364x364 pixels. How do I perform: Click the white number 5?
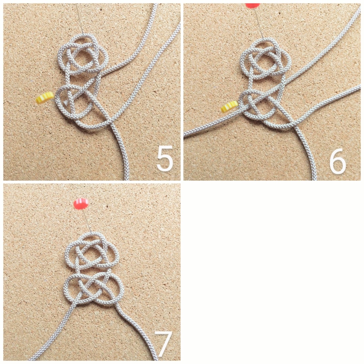pos(165,158)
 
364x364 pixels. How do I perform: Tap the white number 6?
pos(337,161)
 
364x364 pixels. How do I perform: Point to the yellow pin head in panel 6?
pos(230,107)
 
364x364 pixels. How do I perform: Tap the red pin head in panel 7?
pos(81,204)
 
